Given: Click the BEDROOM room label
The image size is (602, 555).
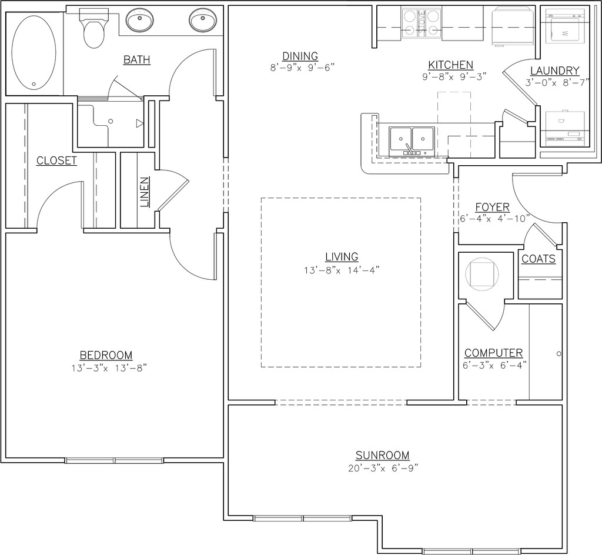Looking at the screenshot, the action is click(x=106, y=356).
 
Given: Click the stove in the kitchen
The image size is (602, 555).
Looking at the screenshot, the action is click(x=421, y=23).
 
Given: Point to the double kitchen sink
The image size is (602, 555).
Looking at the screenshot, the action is click(x=412, y=141).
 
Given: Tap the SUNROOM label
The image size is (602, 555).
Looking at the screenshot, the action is click(x=382, y=455).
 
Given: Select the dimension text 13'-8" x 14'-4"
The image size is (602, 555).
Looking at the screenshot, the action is click(x=342, y=270).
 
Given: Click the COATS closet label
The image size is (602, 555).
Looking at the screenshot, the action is click(x=539, y=259).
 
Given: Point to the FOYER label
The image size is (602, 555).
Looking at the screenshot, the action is click(x=493, y=208).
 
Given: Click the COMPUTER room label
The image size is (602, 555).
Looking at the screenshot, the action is click(x=493, y=353).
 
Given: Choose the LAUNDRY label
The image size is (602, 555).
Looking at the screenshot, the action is click(x=555, y=71).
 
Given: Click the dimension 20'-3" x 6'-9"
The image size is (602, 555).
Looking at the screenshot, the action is click(x=383, y=468).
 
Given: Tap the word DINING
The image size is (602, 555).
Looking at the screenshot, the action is click(x=300, y=56).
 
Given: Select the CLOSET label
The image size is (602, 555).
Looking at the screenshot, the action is click(x=56, y=161).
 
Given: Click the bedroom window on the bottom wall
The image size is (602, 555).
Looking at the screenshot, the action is click(x=115, y=460).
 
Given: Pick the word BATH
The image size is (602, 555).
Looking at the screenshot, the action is click(x=136, y=60).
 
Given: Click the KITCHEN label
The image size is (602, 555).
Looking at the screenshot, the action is click(x=451, y=65).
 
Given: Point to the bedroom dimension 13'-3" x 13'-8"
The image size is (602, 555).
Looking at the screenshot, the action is click(x=109, y=368).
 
